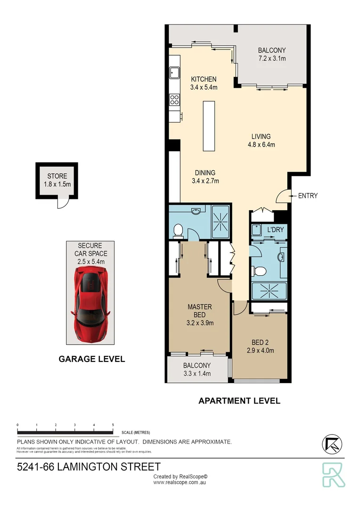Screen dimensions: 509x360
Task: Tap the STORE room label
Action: pyautogui.click(x=57, y=176)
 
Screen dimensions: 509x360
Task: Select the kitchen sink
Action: pyautogui.click(x=174, y=73)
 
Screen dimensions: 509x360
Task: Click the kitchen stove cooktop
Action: pyautogui.click(x=174, y=99)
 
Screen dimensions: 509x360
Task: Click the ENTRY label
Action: pyautogui.click(x=308, y=196)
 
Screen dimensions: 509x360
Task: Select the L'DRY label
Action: pyautogui.click(x=275, y=230)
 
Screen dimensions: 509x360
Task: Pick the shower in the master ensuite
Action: pyautogui.click(x=220, y=221)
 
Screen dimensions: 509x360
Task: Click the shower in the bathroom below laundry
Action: pyautogui.click(x=269, y=291)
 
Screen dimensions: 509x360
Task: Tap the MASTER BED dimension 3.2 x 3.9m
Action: pyautogui.click(x=200, y=323)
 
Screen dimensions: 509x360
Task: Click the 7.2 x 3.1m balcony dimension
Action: pyautogui.click(x=272, y=58)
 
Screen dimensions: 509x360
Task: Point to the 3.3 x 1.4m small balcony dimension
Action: pyautogui.click(x=197, y=374)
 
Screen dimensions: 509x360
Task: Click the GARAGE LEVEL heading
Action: pyautogui.click(x=91, y=359)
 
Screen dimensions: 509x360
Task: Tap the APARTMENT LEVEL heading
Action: pyautogui.click(x=239, y=401)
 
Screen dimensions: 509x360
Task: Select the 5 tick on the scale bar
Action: pyautogui.click(x=113, y=425)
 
